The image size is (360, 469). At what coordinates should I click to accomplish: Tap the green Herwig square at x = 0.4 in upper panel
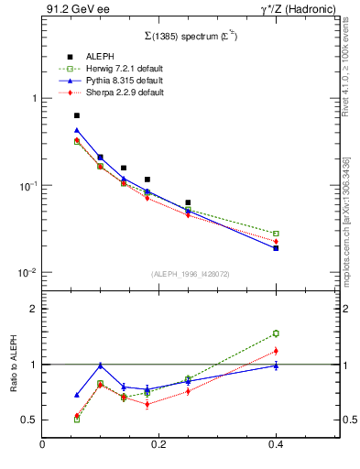point(275,234)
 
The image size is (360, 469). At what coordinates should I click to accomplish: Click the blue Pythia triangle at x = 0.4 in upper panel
point(275,248)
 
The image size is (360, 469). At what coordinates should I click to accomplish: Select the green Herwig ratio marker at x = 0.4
point(275,333)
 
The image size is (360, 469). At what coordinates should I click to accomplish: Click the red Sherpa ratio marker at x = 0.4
point(275,351)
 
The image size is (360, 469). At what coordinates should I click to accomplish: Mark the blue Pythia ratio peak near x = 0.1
point(100,365)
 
